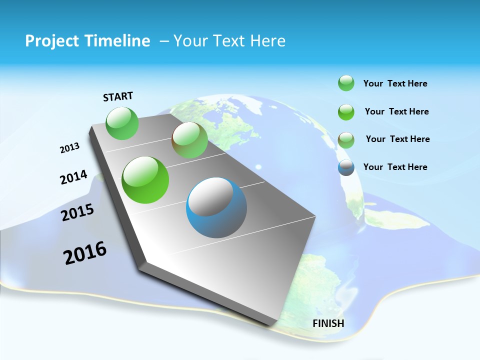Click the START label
(x=118, y=96)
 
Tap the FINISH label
(x=328, y=323)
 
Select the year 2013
(x=69, y=148)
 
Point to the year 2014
(x=73, y=177)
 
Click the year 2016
(x=85, y=253)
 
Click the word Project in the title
(x=52, y=41)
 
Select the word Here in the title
(x=268, y=41)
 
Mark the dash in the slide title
(x=164, y=41)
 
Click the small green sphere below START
(x=122, y=123)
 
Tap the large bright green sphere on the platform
(x=145, y=180)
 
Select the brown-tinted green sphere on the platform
(x=189, y=140)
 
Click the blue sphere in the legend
(x=346, y=167)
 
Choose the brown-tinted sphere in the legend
(x=346, y=139)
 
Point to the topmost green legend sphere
(x=346, y=83)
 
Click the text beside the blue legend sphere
(x=395, y=167)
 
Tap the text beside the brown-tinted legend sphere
(x=397, y=139)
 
